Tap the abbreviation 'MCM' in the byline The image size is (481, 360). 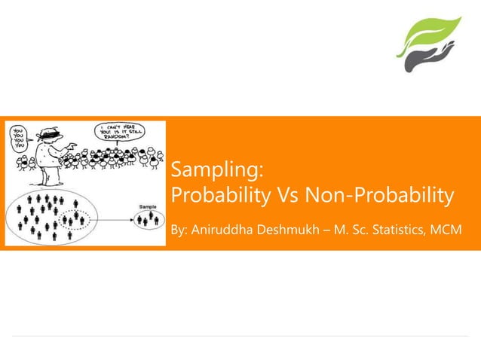point(447,229)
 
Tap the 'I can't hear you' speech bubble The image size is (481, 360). point(118,133)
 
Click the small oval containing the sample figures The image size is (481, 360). point(148,220)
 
